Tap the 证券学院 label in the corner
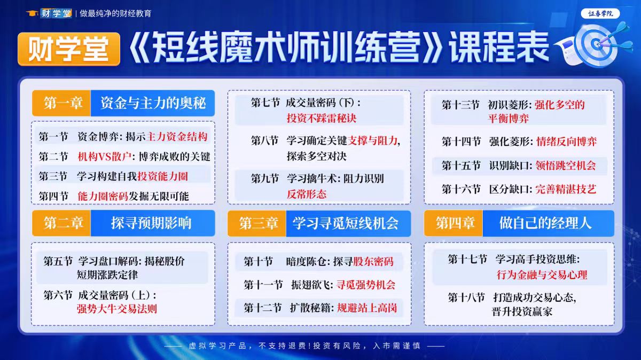point(600,14)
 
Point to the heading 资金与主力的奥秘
point(153,103)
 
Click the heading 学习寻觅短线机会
point(346,223)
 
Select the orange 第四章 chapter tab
point(454,223)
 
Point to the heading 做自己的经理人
point(545,223)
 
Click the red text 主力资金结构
point(177,137)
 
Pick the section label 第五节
point(58,262)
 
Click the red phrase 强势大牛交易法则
point(117,309)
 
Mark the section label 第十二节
point(263,308)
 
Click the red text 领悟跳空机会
point(566,166)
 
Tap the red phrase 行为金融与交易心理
point(542,275)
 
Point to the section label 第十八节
point(466,298)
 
